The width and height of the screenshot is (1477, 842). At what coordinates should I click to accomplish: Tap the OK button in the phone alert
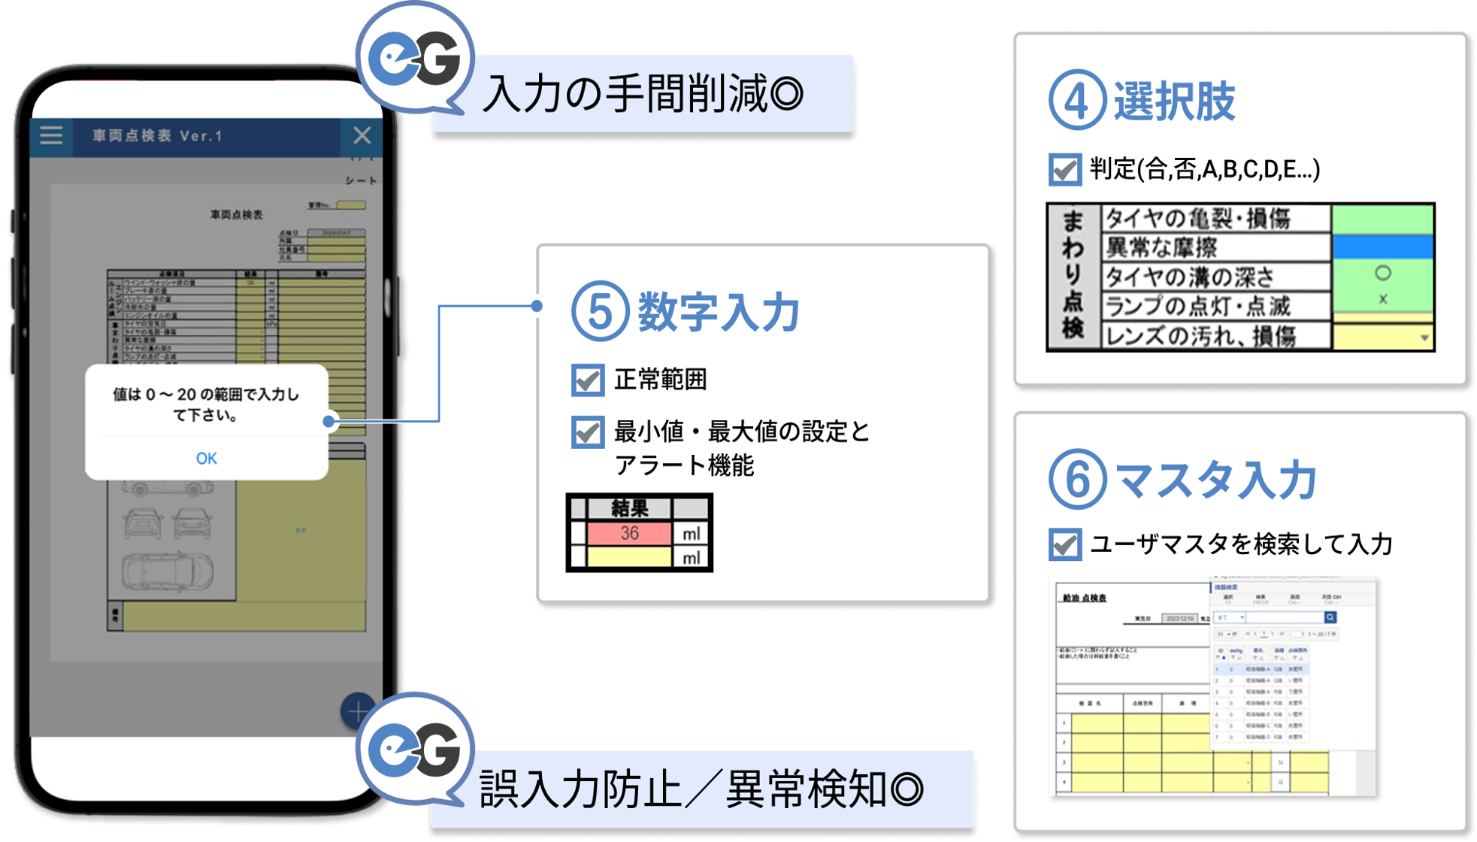click(206, 459)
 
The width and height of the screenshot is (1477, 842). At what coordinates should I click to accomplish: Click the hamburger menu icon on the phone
click(51, 135)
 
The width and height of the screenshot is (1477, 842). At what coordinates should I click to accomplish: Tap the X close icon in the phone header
click(362, 135)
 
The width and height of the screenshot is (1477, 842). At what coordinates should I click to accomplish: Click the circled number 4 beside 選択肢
click(1076, 100)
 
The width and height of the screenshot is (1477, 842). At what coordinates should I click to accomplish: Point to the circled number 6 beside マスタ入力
click(1077, 480)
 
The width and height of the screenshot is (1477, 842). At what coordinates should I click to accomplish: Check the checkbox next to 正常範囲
click(587, 380)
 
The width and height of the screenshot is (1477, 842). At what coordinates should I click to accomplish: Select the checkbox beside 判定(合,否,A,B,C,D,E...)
click(1064, 169)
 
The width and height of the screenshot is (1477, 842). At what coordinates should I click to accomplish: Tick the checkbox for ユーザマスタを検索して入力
click(1064, 544)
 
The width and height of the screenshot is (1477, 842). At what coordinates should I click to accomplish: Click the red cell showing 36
click(629, 533)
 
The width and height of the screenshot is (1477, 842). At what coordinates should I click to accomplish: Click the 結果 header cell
click(629, 508)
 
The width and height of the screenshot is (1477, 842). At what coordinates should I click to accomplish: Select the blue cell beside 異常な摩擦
click(1382, 247)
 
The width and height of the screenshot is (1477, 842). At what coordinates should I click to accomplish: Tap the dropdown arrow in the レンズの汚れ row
click(1424, 338)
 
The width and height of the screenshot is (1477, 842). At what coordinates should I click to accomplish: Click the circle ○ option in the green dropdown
click(1382, 273)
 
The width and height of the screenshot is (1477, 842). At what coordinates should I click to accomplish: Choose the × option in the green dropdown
click(1382, 299)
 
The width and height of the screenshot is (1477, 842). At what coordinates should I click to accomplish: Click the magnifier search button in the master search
click(1330, 617)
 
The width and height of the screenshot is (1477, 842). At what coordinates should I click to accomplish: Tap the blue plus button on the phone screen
click(358, 710)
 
